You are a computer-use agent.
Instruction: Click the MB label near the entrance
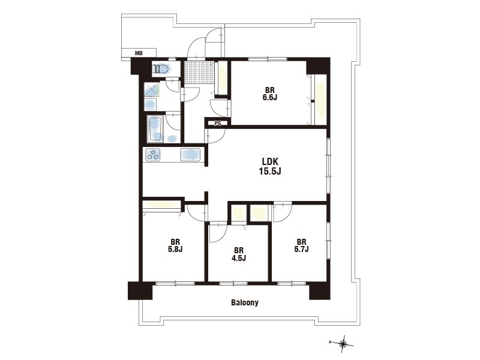pos(139,53)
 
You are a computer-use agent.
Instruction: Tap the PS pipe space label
pos(218,124)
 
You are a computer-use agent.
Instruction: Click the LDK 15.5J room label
pos(270,167)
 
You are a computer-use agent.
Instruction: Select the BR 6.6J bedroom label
pos(269,94)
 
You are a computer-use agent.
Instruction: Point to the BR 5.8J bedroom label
pos(175,245)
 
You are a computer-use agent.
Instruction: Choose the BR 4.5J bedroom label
pos(239,254)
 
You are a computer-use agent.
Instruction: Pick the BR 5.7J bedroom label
pos(301,245)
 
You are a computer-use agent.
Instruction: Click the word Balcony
pos(245,303)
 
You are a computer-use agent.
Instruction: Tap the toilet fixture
pos(161,69)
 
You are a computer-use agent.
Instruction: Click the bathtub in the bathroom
pos(155,128)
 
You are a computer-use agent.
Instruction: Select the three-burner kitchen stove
pos(154,155)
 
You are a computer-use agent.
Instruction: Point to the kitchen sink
pos(190,155)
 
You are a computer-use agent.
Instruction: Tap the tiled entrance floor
pos(199,72)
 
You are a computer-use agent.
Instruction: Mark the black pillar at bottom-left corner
pos(140,290)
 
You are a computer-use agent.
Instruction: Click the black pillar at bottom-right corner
pos(320,290)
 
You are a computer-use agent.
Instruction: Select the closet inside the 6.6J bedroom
pos(319,100)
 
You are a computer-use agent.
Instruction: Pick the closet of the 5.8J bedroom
pos(161,205)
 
